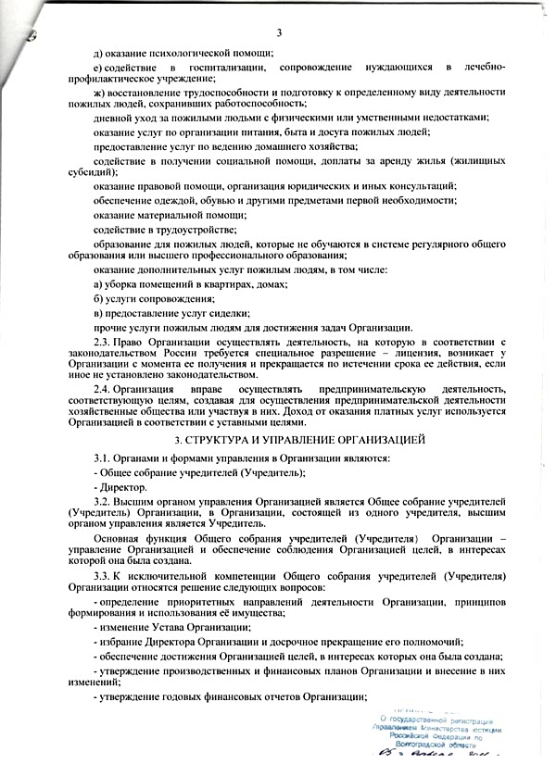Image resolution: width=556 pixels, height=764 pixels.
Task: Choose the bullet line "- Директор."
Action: tap(120, 486)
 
